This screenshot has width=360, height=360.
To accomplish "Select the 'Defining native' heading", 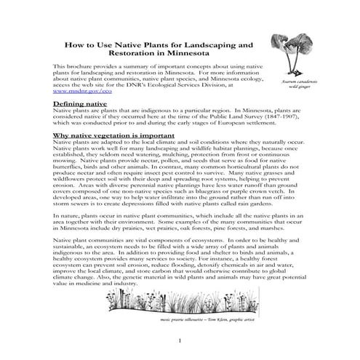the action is (80, 105).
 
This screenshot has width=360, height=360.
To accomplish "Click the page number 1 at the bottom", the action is (179, 341).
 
